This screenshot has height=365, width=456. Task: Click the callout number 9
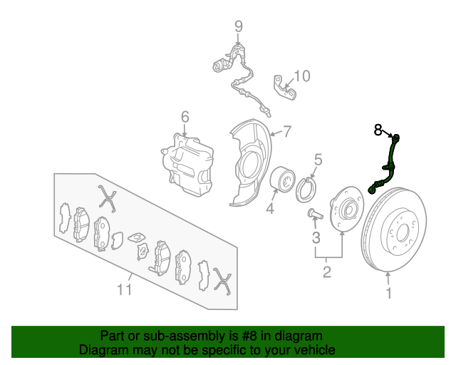point(239,26)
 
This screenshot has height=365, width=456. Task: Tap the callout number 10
point(302,76)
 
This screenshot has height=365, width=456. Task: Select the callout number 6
point(185,117)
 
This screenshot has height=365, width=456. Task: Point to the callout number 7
point(287,131)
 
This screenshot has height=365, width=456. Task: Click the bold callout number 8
point(378,130)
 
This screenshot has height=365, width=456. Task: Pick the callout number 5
point(318,160)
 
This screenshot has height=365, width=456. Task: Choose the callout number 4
point(270,208)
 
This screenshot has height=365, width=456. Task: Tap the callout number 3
point(316,237)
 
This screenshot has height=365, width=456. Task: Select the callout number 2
point(327,272)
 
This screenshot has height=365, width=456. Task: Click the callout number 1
point(389,293)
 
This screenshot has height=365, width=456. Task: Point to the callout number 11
point(125,289)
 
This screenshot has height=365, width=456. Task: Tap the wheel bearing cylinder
point(283,180)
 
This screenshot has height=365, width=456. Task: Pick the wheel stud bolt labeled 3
point(316,214)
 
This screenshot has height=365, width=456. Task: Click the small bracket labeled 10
point(284,87)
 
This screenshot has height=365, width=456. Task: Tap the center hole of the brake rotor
point(402,232)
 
